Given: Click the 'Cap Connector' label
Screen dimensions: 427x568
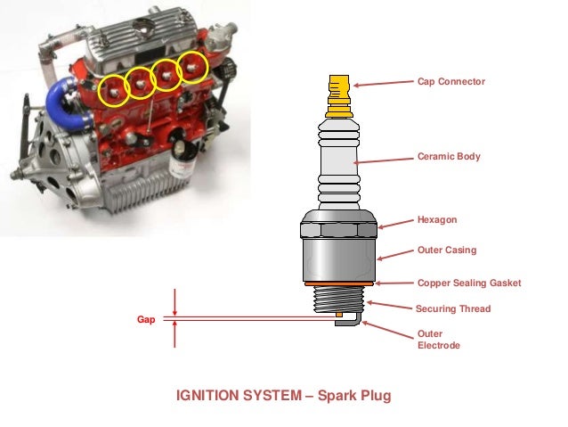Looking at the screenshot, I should click(x=451, y=81).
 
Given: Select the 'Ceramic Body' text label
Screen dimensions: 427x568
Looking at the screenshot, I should click(x=449, y=156).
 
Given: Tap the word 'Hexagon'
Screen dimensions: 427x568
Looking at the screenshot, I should click(x=436, y=218).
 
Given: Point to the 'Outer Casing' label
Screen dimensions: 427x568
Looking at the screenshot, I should click(x=447, y=250).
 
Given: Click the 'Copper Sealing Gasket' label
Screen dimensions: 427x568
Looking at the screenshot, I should click(x=468, y=283).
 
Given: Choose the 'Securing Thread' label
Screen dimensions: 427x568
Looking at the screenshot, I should click(x=453, y=309).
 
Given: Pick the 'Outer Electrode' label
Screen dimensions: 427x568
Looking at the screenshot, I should click(x=439, y=340).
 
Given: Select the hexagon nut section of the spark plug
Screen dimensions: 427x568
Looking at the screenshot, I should click(x=340, y=229).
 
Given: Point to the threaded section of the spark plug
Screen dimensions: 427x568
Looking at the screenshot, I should click(x=340, y=299).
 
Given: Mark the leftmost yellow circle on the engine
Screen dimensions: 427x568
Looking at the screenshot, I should click(x=114, y=89).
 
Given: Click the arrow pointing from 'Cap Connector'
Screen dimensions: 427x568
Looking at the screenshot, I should click(x=383, y=84).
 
